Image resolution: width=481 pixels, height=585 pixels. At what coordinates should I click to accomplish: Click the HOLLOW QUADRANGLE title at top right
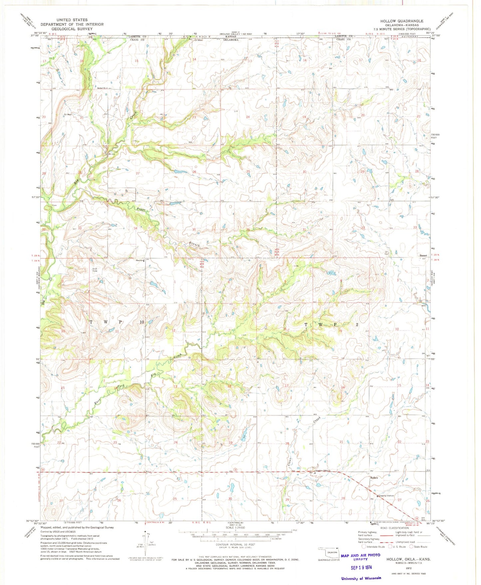point(402,21)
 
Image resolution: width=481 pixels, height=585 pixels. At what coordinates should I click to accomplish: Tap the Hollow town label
point(374,478)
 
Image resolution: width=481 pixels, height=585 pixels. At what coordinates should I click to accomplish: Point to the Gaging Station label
point(386,496)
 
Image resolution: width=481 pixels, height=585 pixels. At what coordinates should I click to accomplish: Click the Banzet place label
point(423,256)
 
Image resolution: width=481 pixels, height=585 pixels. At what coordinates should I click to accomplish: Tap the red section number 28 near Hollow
point(343,498)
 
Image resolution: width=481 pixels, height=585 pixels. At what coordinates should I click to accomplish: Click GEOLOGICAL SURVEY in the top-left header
point(72,29)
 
